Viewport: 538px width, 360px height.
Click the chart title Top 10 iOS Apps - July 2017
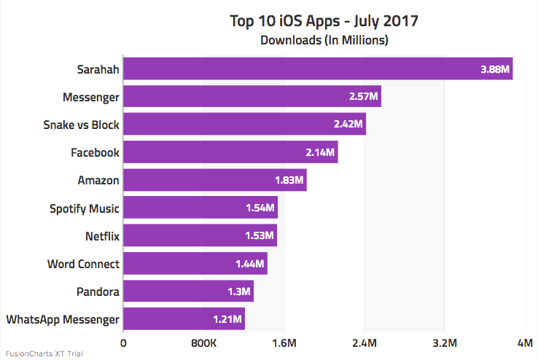click(324, 20)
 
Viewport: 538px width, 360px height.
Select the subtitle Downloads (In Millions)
click(324, 40)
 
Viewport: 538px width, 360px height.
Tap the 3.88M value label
click(495, 70)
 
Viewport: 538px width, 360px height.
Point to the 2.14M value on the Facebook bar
click(320, 152)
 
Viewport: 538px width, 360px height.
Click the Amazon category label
click(98, 180)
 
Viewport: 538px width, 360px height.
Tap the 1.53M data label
click(260, 235)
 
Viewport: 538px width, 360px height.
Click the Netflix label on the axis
click(102, 235)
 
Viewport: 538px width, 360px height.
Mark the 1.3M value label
click(239, 291)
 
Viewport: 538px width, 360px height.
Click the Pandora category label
click(98, 291)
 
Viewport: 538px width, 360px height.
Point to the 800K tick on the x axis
click(203, 343)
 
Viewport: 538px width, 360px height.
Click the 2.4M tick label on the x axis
click(364, 343)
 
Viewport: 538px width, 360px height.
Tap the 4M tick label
click(525, 343)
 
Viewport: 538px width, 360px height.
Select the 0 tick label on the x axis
click(123, 343)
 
